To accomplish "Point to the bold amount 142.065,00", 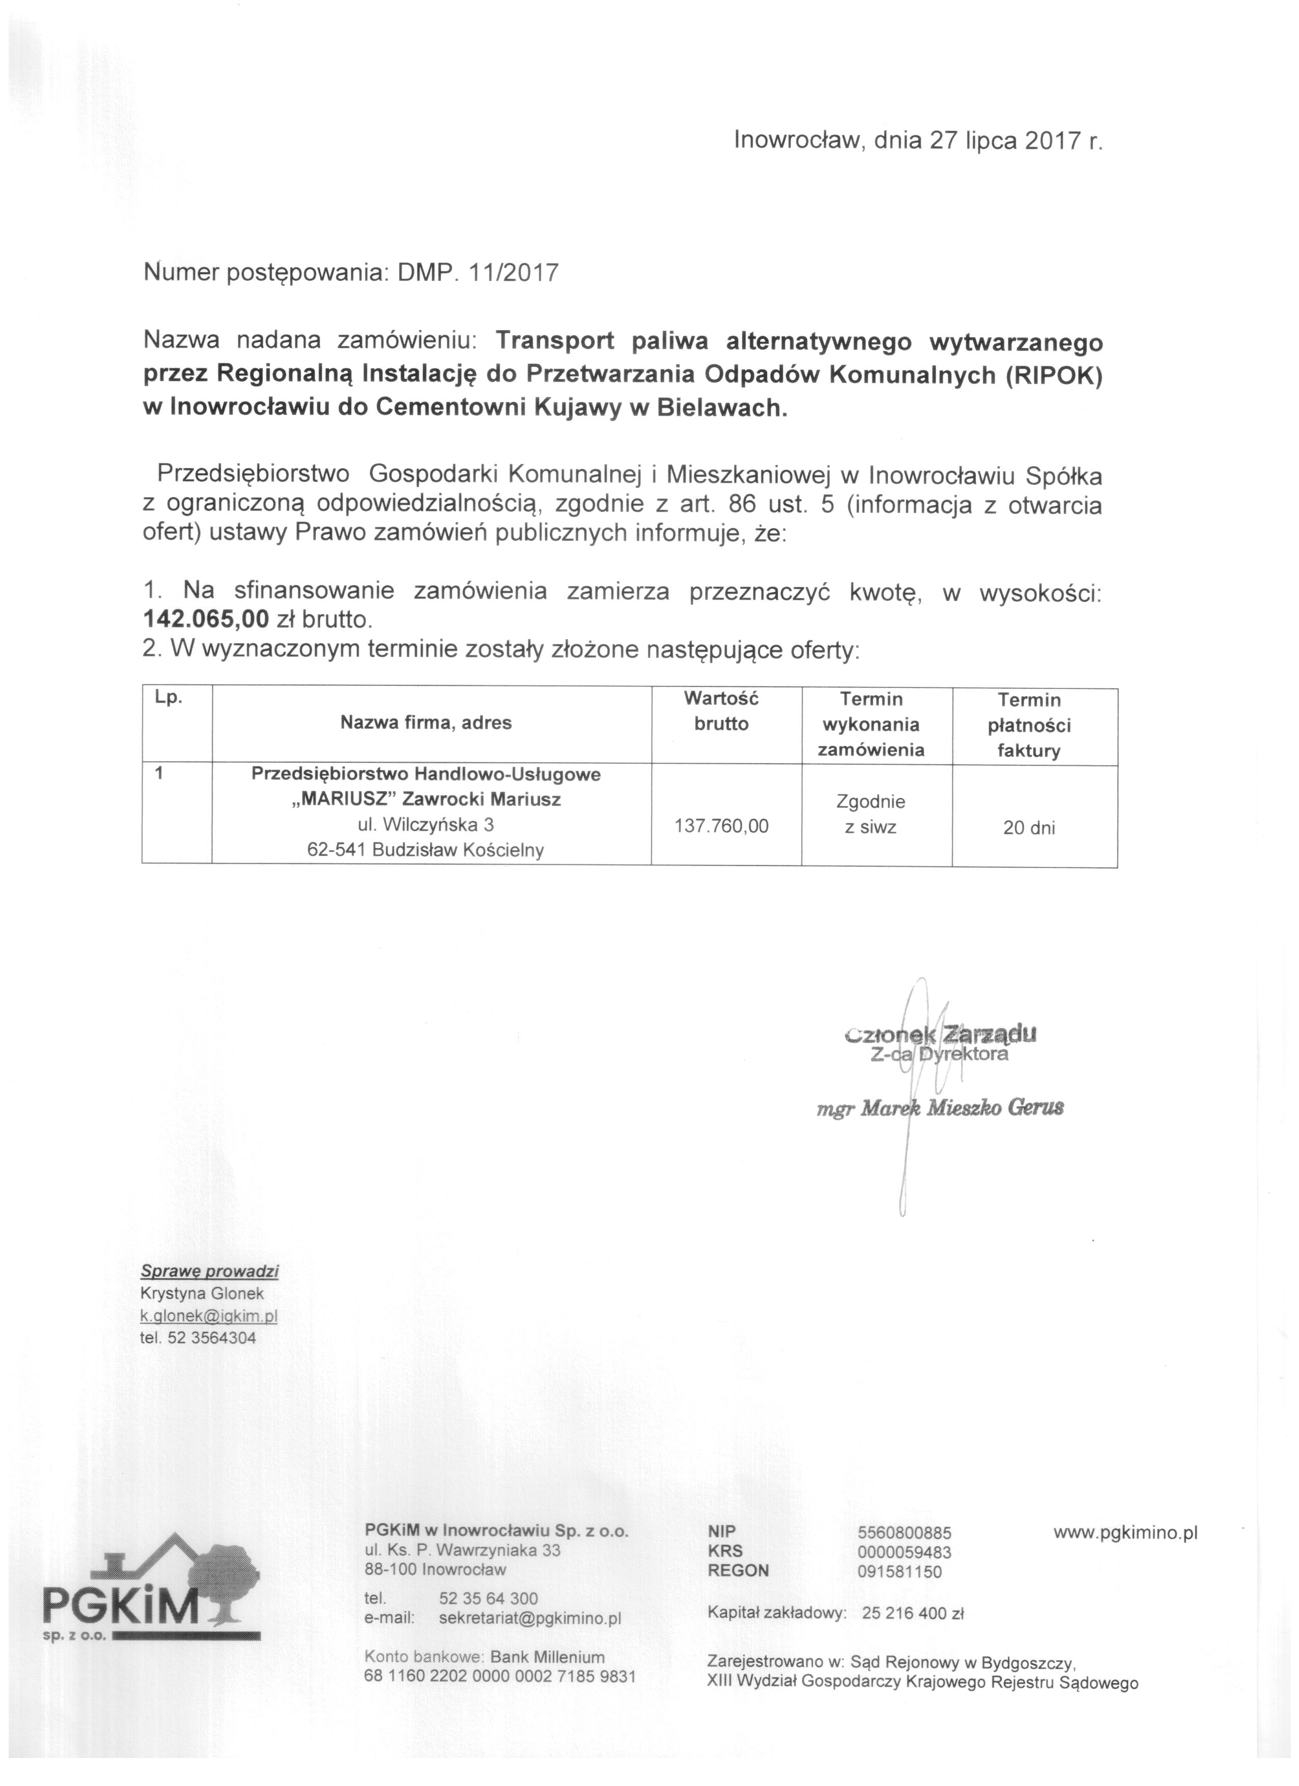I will [x=206, y=619].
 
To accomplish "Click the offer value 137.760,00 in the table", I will [x=722, y=826].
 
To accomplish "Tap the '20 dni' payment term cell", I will [x=1029, y=828].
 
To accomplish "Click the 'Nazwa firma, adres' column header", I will [x=426, y=722].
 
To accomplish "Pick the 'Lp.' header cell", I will [x=168, y=698].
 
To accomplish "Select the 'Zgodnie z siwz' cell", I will [x=870, y=814].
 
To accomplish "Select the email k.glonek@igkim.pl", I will [x=209, y=1316].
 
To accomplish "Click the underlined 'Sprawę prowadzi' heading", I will [x=210, y=1271].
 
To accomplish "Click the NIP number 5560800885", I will [x=905, y=1533].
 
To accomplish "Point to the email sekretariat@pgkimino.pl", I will [x=530, y=1618].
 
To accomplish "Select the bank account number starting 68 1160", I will [x=499, y=1677].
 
